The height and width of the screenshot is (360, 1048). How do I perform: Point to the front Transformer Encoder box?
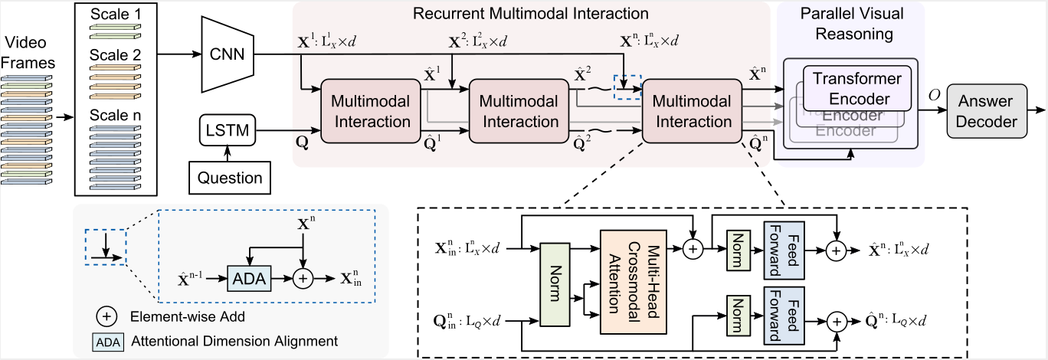[856, 88]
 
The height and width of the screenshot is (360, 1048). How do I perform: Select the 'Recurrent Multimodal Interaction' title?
[530, 13]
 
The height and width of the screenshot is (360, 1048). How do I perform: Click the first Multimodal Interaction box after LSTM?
[371, 110]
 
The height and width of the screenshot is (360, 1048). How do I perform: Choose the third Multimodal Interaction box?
[693, 110]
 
